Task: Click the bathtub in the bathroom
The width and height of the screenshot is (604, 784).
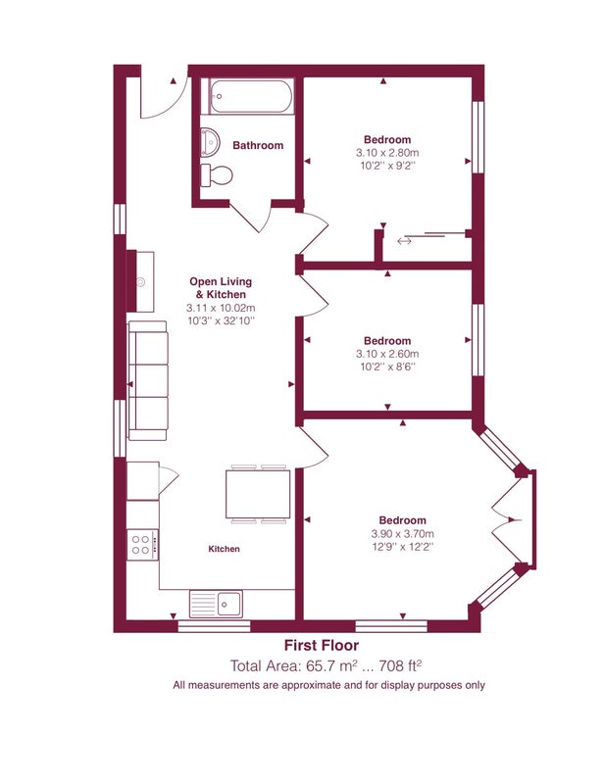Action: click(250, 96)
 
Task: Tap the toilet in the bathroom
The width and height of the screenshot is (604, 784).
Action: click(217, 175)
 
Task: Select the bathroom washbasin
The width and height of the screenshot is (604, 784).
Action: click(210, 140)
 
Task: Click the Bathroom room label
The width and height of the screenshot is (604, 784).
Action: click(258, 145)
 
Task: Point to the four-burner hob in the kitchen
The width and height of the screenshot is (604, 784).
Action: click(143, 545)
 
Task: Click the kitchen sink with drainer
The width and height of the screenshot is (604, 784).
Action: click(216, 604)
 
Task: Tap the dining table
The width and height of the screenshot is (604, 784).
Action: click(258, 494)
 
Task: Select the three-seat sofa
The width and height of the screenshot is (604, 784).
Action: click(148, 381)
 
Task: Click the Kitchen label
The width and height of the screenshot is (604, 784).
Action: click(224, 549)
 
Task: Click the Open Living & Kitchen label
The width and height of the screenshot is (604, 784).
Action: click(221, 288)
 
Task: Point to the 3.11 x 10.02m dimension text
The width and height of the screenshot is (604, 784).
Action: click(221, 308)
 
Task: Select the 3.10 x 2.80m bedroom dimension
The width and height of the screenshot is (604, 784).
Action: click(387, 153)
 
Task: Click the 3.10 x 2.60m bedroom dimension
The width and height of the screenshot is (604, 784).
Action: click(387, 354)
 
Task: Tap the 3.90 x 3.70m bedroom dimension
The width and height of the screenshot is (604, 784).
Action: click(402, 533)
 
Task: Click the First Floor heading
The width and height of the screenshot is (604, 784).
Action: click(322, 646)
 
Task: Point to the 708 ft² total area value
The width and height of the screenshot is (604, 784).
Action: click(400, 665)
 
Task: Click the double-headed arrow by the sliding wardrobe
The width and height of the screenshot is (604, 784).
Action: click(404, 241)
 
